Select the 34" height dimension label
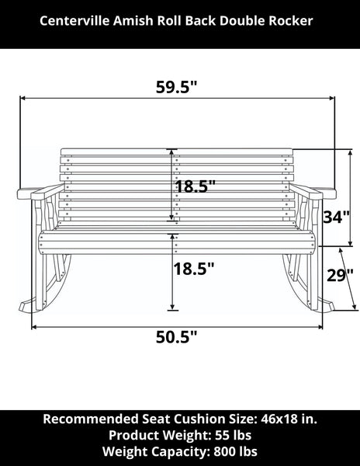[333, 217]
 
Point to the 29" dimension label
[340, 276]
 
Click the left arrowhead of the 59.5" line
[22, 99]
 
